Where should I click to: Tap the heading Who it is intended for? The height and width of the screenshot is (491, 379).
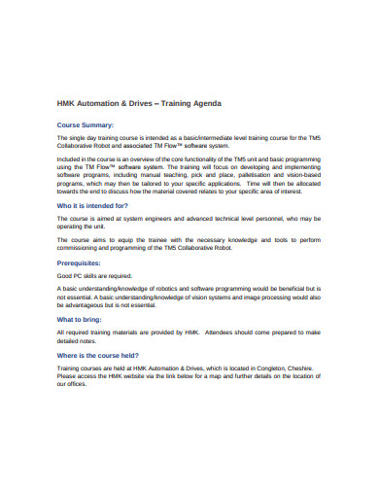pos(92,206)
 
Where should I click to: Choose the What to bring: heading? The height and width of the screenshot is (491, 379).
pos(81,319)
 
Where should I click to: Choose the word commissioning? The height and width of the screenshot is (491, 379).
pos(80,248)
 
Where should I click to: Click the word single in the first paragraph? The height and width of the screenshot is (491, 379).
pos(79,139)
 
